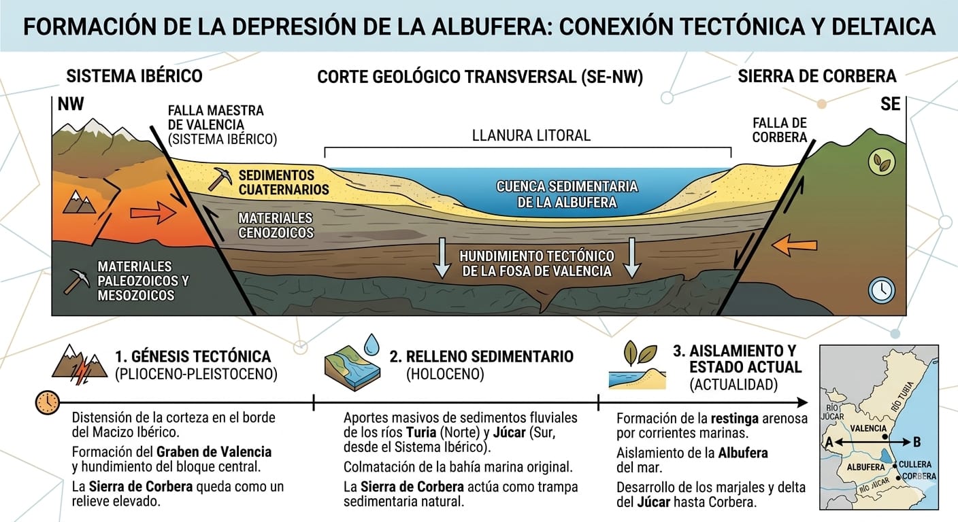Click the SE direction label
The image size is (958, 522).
pyautogui.click(x=890, y=103)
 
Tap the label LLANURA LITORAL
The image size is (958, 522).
pyautogui.click(x=531, y=135)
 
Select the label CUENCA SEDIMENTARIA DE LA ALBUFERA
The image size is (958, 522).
pyautogui.click(x=567, y=194)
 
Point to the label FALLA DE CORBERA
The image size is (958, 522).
pyautogui.click(x=780, y=130)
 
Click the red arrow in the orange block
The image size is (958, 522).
pyautogui.click(x=152, y=214)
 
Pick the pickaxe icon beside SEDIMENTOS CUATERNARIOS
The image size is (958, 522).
pyautogui.click(x=220, y=177)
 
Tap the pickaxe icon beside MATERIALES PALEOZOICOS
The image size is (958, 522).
pyautogui.click(x=77, y=281)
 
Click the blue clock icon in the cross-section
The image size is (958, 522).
pyautogui.click(x=881, y=290)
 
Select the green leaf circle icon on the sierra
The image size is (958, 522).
pyautogui.click(x=882, y=161)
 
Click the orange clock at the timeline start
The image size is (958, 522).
pyautogui.click(x=46, y=402)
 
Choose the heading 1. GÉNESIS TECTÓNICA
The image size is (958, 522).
pyautogui.click(x=193, y=356)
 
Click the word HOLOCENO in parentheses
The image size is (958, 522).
pyautogui.click(x=445, y=374)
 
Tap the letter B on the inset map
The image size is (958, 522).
pyautogui.click(x=916, y=442)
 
